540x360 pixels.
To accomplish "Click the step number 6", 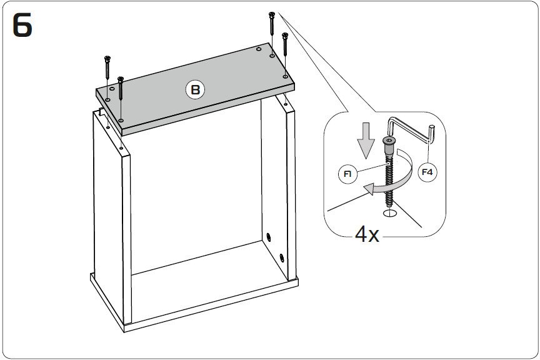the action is pos(22,25).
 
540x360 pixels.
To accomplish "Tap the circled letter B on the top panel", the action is pos(195,89).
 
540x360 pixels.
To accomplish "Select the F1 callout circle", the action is pos(347,174).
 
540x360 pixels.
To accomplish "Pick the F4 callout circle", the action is pos(427,171).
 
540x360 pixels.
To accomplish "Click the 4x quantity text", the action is pos(367,234).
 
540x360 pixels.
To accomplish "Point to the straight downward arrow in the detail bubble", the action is pos(366,141).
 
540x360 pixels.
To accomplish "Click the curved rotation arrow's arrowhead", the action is pos(369,189).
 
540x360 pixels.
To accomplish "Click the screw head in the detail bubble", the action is pos(389,140).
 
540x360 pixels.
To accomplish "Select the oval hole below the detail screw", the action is pos(390,213).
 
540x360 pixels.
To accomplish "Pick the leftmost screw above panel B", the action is pos(107,67).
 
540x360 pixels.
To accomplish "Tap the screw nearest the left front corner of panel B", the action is pos(121,89).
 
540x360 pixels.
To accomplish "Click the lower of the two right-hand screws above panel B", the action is pos(285,44).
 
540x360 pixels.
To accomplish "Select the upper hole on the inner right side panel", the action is pos(269,237).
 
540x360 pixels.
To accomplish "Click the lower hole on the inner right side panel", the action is pos(282,257).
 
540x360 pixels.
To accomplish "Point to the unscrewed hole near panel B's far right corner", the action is pos(259,49).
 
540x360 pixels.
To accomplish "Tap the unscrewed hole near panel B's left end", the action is pos(112,89).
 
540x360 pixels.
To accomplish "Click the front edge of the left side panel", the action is pos(126,239).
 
